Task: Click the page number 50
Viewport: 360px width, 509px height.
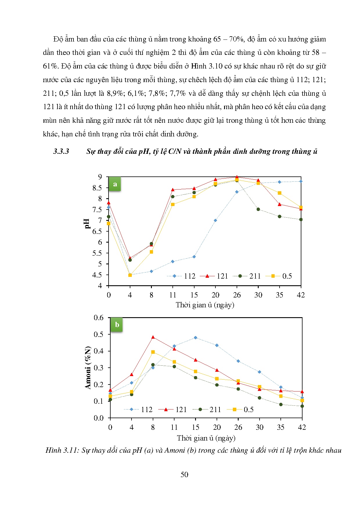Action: click(x=184, y=474)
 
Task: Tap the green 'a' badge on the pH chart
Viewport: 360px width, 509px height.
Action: click(x=115, y=184)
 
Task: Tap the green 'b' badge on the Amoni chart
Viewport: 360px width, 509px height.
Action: click(x=117, y=325)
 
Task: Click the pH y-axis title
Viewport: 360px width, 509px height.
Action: click(x=87, y=223)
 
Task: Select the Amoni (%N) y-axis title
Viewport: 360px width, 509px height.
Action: click(x=88, y=367)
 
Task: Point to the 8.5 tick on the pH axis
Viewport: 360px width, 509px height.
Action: click(x=97, y=188)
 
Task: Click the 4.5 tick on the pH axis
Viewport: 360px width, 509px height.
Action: click(x=97, y=275)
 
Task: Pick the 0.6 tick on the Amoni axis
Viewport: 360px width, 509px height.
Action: click(x=98, y=318)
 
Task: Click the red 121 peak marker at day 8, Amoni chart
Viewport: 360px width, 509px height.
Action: click(x=153, y=337)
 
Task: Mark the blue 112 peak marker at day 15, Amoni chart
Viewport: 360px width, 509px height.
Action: click(x=195, y=338)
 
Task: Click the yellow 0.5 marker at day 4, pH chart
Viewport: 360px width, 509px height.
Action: click(x=130, y=275)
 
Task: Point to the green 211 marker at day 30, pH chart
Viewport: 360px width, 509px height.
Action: click(x=258, y=209)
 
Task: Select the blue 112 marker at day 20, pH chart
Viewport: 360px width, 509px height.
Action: click(x=215, y=221)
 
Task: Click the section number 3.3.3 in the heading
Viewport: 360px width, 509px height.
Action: click(x=61, y=151)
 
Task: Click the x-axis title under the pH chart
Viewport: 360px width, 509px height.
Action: click(x=205, y=305)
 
